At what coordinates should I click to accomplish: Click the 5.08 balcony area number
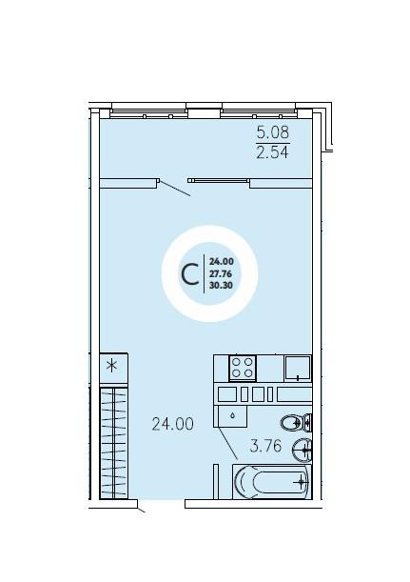pyautogui.click(x=273, y=132)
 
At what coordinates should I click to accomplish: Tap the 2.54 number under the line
pyautogui.click(x=272, y=152)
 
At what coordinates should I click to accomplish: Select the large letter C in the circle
pyautogui.click(x=190, y=274)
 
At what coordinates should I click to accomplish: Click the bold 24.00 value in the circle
pyautogui.click(x=222, y=261)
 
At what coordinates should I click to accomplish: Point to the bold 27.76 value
pyautogui.click(x=221, y=274)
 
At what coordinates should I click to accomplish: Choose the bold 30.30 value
pyautogui.click(x=222, y=286)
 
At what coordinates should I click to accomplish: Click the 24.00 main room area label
pyautogui.click(x=173, y=424)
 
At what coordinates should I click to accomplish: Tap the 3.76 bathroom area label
pyautogui.click(x=265, y=446)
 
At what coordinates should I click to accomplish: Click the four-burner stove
pyautogui.click(x=243, y=368)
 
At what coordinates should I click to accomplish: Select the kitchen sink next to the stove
pyautogui.click(x=298, y=368)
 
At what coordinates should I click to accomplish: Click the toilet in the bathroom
pyautogui.click(x=296, y=422)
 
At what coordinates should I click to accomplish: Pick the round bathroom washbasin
pyautogui.click(x=302, y=451)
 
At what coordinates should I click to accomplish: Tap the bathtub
pyautogui.click(x=272, y=482)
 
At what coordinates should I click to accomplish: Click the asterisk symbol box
pyautogui.click(x=114, y=367)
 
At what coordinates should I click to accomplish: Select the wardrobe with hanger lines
pyautogui.click(x=114, y=443)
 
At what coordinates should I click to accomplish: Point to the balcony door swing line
pyautogui.click(x=175, y=189)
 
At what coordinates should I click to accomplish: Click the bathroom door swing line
pyautogui.click(x=226, y=443)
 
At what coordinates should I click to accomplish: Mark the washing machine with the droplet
pyautogui.click(x=232, y=416)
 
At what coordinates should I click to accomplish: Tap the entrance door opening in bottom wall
pyautogui.click(x=162, y=504)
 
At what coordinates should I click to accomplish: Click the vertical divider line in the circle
pyautogui.click(x=204, y=274)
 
